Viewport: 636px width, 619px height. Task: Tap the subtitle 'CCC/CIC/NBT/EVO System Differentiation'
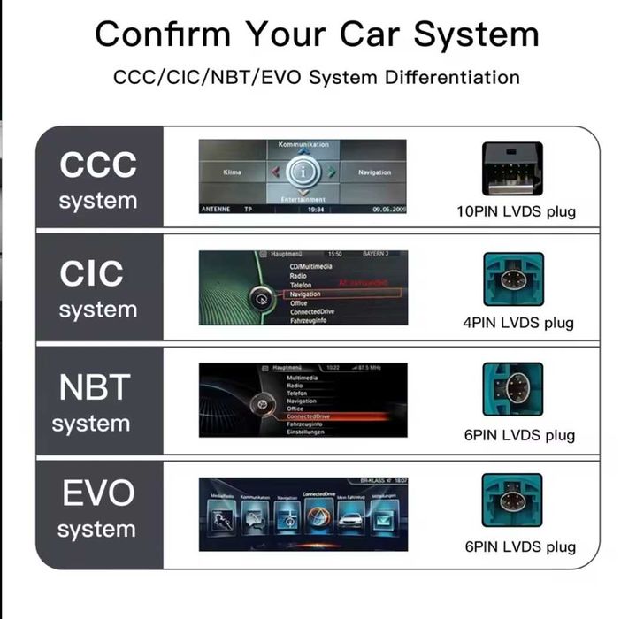[x=317, y=77]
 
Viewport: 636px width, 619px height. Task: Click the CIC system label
[x=98, y=289]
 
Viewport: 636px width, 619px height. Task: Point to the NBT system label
[x=95, y=403]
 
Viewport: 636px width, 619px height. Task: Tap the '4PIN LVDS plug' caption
[x=518, y=323]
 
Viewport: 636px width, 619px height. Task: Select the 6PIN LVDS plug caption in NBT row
[x=519, y=435]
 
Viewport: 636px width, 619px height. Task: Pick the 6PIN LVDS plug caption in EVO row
[x=519, y=546]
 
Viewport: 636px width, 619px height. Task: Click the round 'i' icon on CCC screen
[x=303, y=172]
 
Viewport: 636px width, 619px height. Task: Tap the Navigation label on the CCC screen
[x=374, y=172]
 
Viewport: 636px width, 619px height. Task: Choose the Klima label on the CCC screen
[x=232, y=172]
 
